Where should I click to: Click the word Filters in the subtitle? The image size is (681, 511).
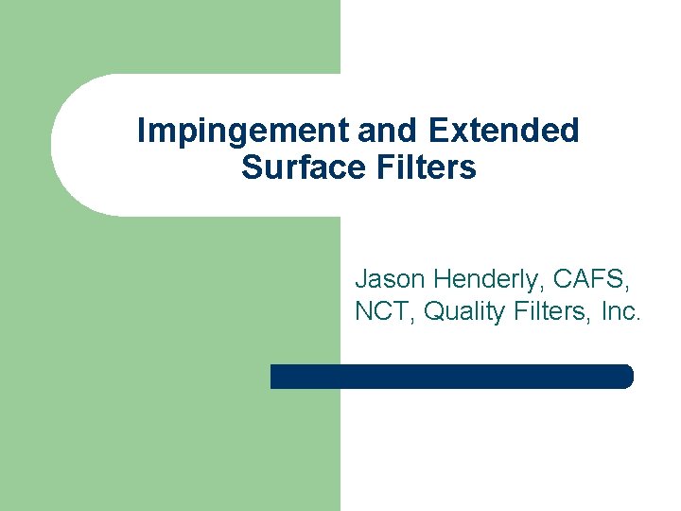click(550, 311)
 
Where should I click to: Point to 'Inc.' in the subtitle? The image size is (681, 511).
click(620, 311)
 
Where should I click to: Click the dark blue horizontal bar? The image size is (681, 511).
click(451, 377)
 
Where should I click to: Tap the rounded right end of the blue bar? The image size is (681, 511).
click(625, 377)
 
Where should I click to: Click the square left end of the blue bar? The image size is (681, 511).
click(275, 377)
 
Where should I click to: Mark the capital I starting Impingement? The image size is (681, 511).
click(141, 131)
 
